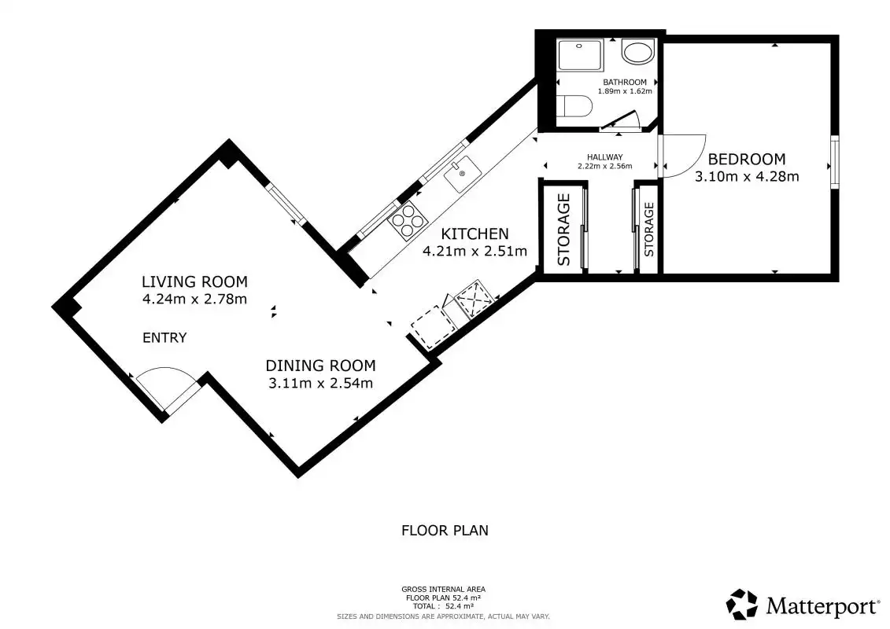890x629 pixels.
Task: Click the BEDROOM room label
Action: [x=747, y=159]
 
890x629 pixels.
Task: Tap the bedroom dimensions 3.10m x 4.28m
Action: [x=747, y=176]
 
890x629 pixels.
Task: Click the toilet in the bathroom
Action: [x=574, y=106]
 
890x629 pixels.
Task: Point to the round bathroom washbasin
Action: [x=638, y=52]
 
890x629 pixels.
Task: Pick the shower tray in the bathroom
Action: [x=580, y=54]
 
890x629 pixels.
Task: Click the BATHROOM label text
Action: [x=624, y=83]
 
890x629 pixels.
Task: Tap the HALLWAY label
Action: [x=604, y=157]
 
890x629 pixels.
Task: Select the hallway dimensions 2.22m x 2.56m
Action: [x=604, y=166]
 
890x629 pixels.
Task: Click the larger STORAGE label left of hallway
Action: [x=563, y=230]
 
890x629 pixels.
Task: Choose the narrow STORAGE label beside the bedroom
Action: [x=649, y=229]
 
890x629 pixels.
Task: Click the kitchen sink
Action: [x=463, y=174]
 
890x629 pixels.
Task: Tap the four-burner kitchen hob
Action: [x=408, y=221]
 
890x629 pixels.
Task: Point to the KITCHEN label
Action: [x=475, y=234]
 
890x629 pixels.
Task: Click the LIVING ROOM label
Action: [x=194, y=281]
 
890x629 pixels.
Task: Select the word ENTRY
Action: [x=164, y=338]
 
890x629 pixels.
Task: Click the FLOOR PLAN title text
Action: [x=445, y=530]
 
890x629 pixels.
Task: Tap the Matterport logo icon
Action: [x=742, y=604]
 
